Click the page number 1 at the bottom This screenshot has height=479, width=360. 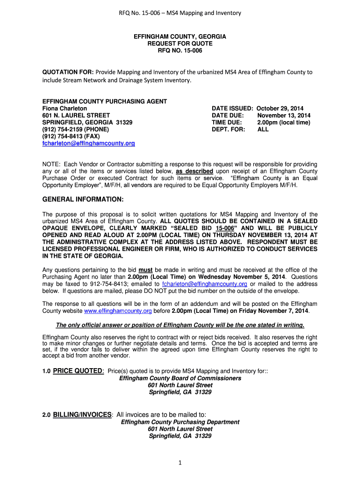pyautogui.click(x=180, y=463)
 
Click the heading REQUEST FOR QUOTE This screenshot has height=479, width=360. pyautogui.click(x=180, y=44)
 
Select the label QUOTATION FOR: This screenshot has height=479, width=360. pyautogui.click(x=68, y=72)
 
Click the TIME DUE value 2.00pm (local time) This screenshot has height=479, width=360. pyautogui.click(x=283, y=122)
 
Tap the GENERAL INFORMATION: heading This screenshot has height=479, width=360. pyautogui.click(x=83, y=200)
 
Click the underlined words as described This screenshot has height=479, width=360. pyautogui.click(x=194, y=171)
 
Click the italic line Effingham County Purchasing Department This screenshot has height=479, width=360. pyautogui.click(x=180, y=422)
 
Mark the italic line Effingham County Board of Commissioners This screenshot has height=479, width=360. pyautogui.click(x=180, y=378)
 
